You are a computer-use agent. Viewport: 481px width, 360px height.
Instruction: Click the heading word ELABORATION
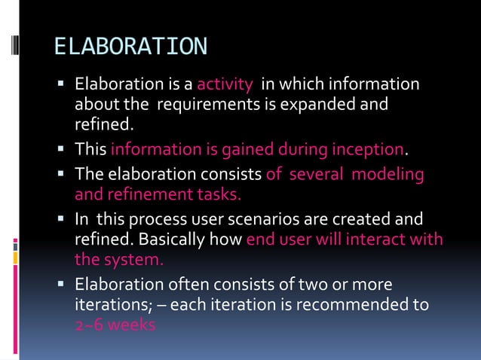[130, 47]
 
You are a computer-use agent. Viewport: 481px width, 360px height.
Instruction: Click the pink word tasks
[219, 194]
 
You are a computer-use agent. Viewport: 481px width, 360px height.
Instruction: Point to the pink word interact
[383, 240]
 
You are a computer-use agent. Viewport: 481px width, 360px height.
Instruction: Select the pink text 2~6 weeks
[115, 325]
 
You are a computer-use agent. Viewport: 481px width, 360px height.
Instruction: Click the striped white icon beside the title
[15, 46]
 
